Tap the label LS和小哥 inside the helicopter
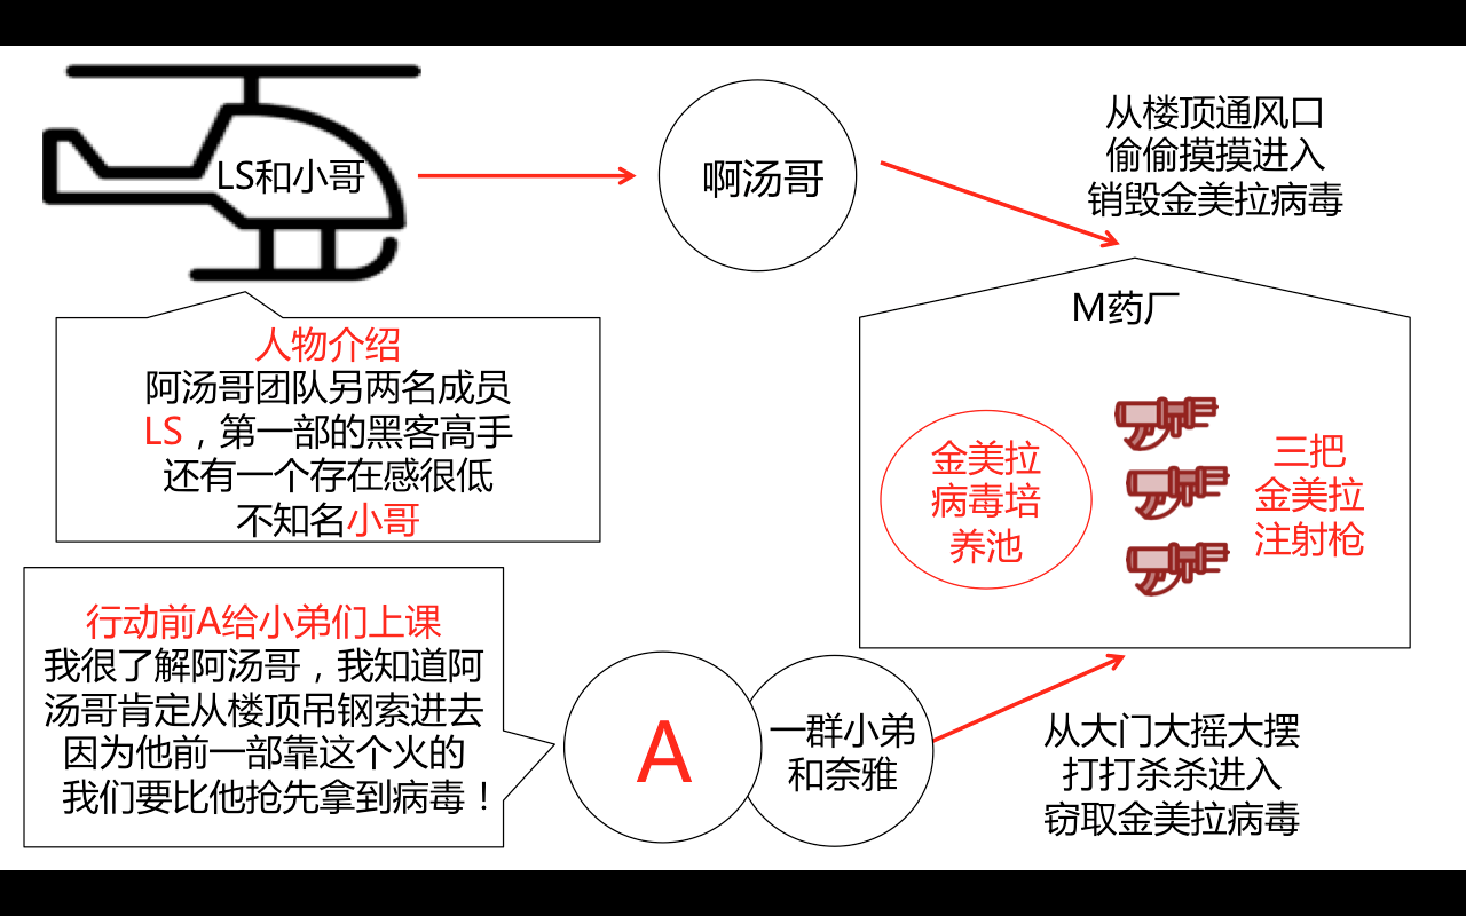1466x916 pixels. coord(291,177)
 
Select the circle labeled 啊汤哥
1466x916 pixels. coord(757,176)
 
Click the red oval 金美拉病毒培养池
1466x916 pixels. coord(986,500)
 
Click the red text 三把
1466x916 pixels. coord(1309,451)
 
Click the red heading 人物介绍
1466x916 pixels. coord(328,345)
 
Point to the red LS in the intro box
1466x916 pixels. coord(163,431)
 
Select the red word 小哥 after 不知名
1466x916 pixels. coord(384,520)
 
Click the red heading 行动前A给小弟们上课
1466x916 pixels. coord(263,622)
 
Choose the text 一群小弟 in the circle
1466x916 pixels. coord(842,731)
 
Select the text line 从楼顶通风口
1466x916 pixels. coord(1215,113)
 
